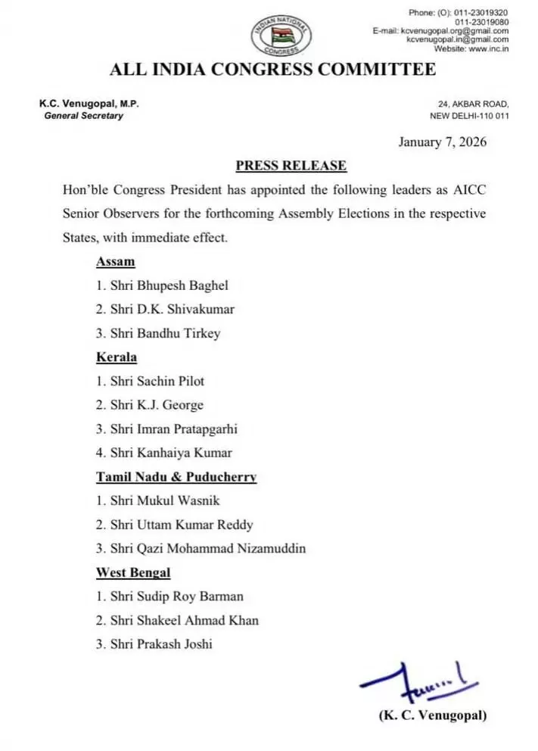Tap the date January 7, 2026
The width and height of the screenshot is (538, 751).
click(x=442, y=142)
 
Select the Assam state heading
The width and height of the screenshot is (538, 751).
click(x=115, y=262)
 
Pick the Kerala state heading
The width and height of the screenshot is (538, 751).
click(x=116, y=357)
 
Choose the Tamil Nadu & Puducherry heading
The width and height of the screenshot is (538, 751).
click(x=176, y=477)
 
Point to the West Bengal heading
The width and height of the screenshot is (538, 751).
click(x=132, y=572)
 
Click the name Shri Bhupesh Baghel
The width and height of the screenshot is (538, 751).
click(x=162, y=285)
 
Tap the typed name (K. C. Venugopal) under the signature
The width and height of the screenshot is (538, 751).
click(x=432, y=715)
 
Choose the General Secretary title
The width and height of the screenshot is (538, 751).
click(x=84, y=116)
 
